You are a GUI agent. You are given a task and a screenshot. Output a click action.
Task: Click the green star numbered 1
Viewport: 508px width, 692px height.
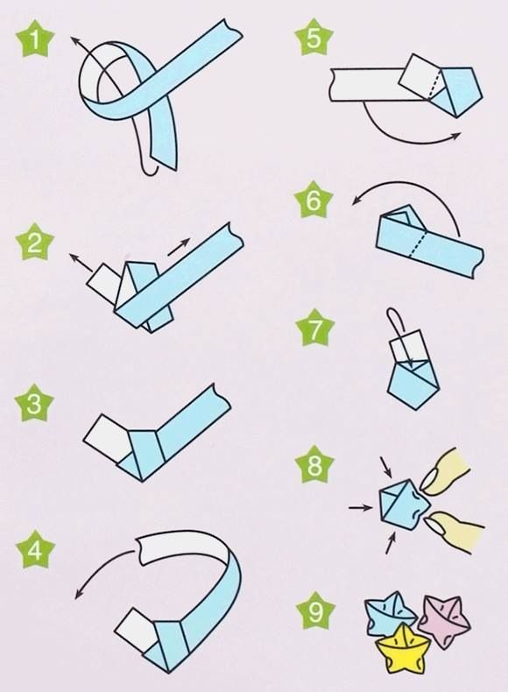pos(35,39)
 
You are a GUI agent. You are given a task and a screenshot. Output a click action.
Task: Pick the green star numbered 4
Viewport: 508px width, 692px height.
pos(35,549)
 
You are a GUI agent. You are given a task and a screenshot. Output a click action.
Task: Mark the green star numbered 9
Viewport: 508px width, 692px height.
pos(315,611)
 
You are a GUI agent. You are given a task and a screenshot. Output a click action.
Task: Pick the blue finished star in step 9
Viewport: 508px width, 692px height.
pos(389,615)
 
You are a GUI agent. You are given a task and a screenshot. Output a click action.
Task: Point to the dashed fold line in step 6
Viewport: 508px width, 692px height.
pos(417,243)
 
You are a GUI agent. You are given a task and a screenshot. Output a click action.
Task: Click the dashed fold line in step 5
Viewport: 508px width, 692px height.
pos(434,81)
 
